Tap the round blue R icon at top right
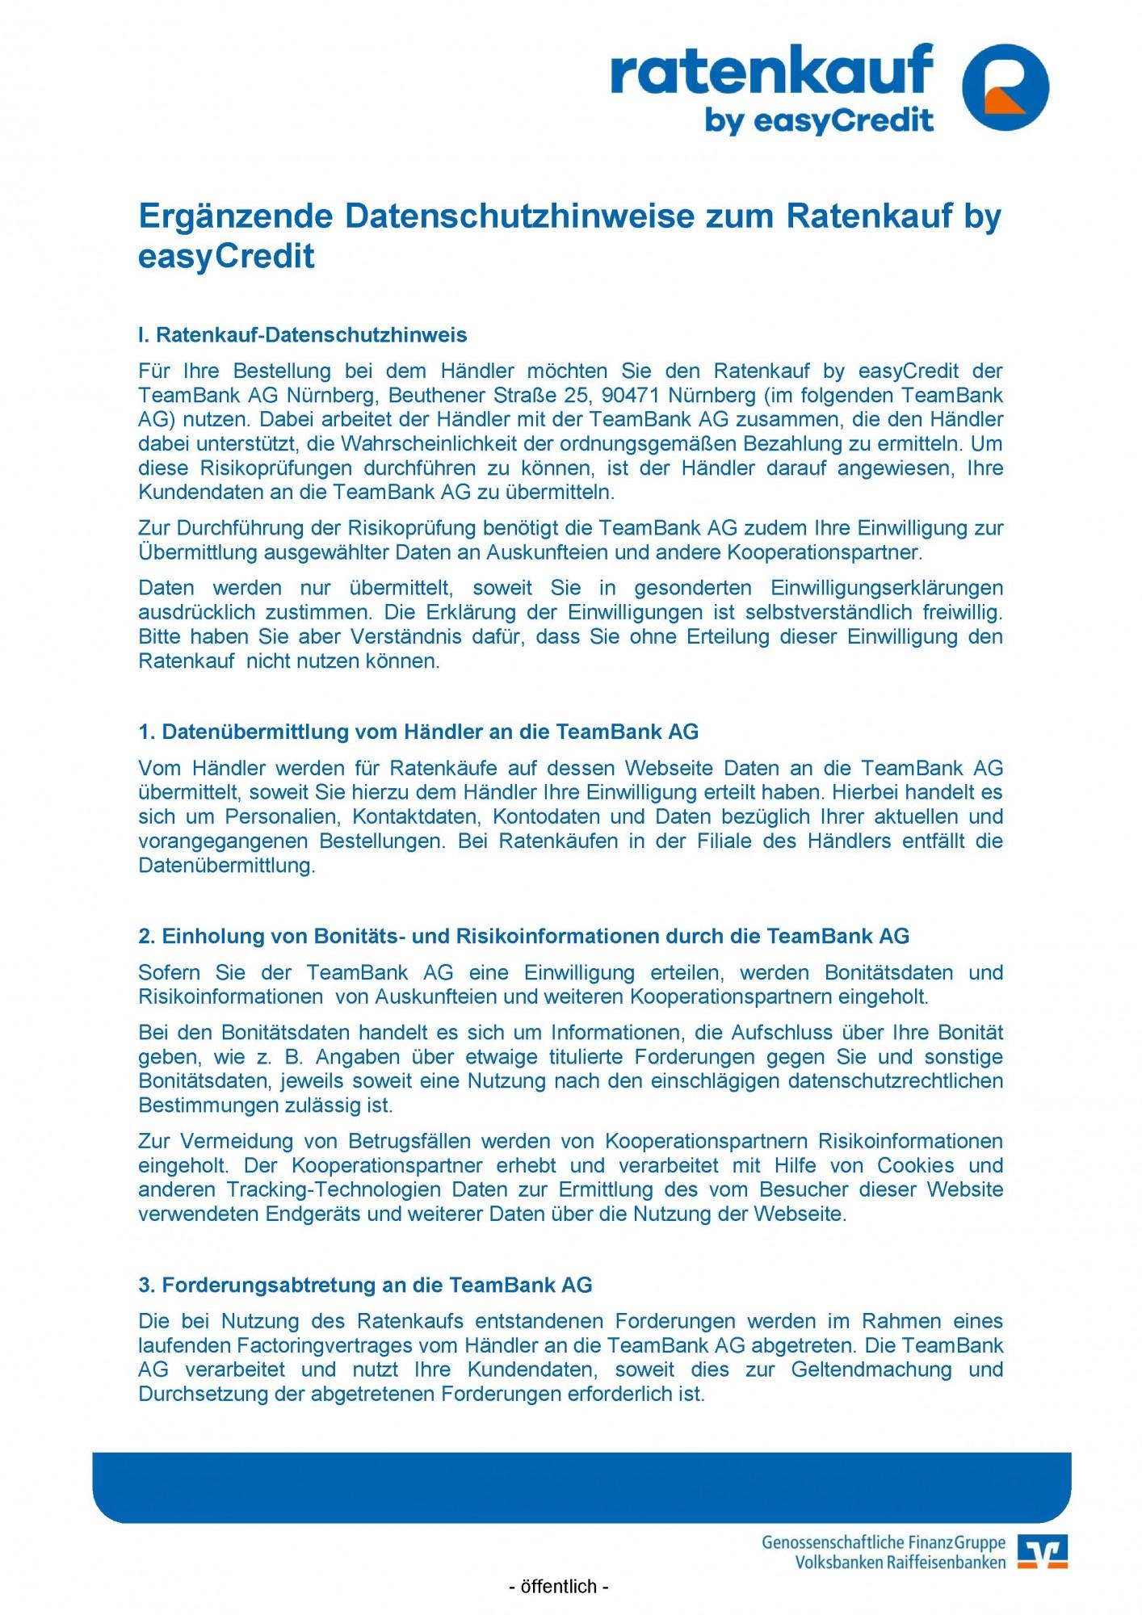(1006, 87)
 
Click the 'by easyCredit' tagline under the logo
(819, 120)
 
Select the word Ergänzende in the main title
(236, 216)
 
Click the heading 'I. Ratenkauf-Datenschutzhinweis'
(303, 334)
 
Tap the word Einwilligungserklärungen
(886, 588)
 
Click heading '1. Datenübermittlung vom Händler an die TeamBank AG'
(418, 732)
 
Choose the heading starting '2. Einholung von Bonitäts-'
(523, 936)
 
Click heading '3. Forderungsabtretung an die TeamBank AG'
(365, 1285)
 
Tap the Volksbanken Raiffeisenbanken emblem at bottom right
(1043, 1551)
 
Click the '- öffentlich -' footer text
(558, 1587)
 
